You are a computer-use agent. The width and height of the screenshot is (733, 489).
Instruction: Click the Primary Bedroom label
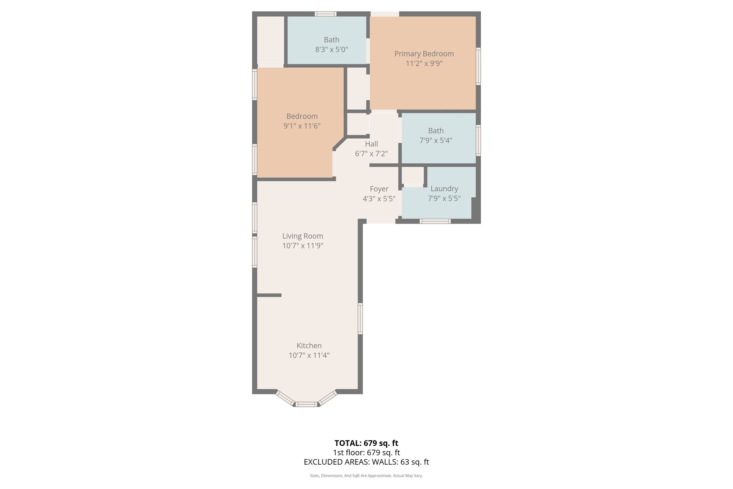424,54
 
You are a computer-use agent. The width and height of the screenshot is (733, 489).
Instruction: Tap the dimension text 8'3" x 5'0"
331,49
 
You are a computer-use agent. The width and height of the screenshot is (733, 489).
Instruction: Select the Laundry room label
444,188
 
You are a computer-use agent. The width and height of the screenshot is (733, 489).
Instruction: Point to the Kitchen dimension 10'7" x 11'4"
309,355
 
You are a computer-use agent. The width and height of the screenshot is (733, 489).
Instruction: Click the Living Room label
302,236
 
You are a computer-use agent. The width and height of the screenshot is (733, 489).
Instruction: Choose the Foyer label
379,189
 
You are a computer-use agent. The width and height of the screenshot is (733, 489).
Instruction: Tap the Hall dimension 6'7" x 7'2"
371,154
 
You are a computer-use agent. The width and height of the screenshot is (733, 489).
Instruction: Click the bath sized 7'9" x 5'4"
436,136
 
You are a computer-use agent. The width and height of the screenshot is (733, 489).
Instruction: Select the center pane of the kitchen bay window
307,404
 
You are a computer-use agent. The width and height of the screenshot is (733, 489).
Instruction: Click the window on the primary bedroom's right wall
478,66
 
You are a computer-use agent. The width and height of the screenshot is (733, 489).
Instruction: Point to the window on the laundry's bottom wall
435,221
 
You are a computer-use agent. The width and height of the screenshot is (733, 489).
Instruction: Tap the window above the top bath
325,14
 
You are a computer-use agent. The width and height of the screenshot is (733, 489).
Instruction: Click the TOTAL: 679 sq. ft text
366,443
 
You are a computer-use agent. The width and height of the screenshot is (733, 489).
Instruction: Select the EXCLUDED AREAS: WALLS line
366,462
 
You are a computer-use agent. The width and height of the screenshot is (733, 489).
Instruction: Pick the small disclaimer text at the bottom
366,476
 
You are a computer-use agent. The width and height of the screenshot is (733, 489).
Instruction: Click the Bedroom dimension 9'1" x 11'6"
302,126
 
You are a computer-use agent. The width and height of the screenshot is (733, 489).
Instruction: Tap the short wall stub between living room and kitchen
269,295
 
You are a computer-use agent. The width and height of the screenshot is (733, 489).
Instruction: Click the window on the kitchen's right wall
360,318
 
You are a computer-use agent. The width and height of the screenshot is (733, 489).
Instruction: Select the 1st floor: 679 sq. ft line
366,452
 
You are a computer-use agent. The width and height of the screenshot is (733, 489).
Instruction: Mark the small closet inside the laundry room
412,176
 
